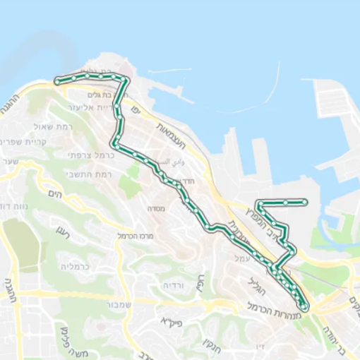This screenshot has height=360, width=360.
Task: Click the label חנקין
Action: click(x=208, y=347)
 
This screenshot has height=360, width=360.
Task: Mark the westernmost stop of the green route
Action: click(x=57, y=83)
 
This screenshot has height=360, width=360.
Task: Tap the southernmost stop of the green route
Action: click(x=304, y=307)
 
